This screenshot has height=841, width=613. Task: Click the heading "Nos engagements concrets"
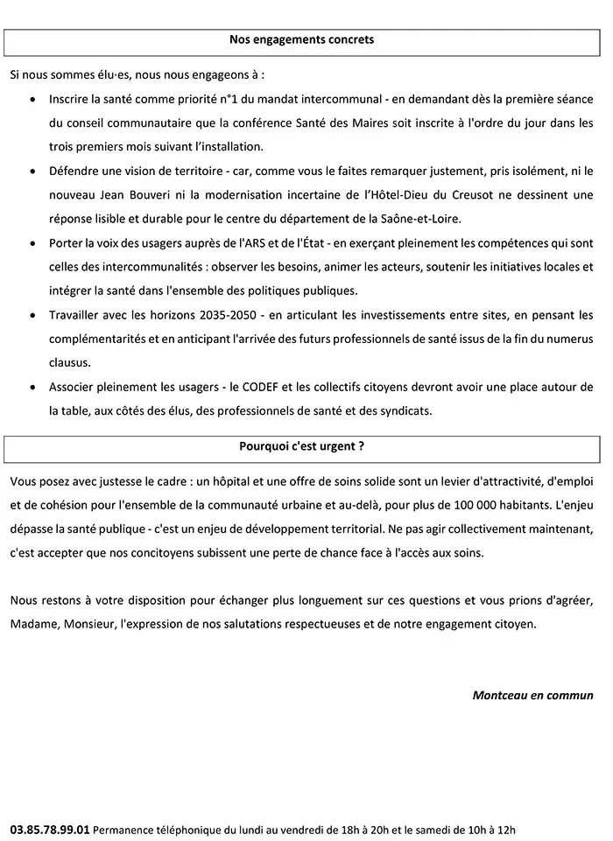click(x=301, y=39)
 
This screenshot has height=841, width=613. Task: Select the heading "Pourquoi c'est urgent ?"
click(x=301, y=445)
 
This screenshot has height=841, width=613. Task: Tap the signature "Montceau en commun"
click(x=532, y=697)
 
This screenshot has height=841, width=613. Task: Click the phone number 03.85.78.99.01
click(x=50, y=828)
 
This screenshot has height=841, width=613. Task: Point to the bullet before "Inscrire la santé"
click(x=32, y=102)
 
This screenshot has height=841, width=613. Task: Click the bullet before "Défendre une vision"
click(x=32, y=172)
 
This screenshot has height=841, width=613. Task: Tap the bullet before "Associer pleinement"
click(x=32, y=386)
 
